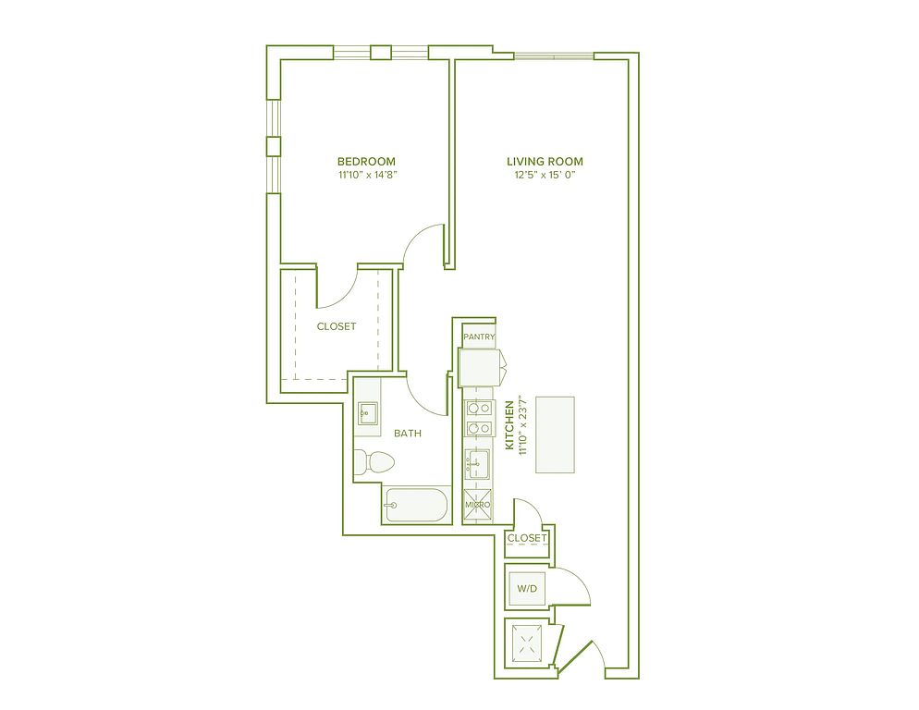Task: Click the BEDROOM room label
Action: (x=366, y=161)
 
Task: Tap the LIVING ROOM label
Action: (x=545, y=161)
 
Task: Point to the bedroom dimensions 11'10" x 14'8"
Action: (x=366, y=175)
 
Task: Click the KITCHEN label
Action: (x=509, y=425)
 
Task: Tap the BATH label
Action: (x=408, y=434)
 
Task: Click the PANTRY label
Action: (x=480, y=337)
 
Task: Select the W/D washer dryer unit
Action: (x=527, y=587)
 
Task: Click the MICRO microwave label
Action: (x=478, y=505)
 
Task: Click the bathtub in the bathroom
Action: (x=415, y=504)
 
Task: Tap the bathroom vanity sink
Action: (x=368, y=413)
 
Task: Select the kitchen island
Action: (x=555, y=435)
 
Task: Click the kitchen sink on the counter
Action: (x=478, y=464)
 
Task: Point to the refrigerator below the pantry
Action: (x=480, y=367)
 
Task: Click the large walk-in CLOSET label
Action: (x=337, y=326)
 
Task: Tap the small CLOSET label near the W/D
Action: (x=527, y=538)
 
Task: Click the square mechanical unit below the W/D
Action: (x=527, y=642)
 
